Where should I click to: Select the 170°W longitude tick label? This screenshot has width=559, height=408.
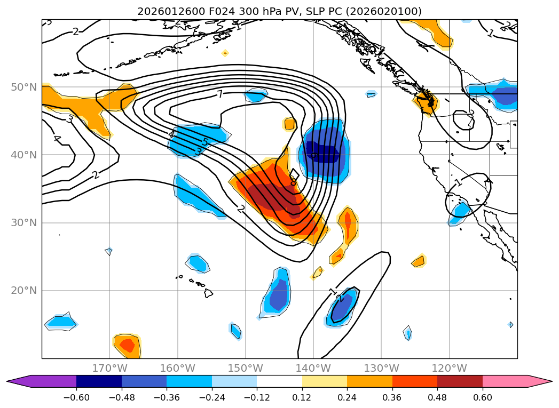pos(109,368)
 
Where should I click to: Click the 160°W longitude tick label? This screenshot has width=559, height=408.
pos(177,368)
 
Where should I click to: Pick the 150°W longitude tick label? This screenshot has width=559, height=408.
pos(245,368)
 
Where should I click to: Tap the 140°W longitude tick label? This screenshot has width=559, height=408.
pos(313,368)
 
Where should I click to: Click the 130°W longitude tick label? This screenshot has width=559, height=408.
pos(381,368)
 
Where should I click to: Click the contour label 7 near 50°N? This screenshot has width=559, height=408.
pos(219,95)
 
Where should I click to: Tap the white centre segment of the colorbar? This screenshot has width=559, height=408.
pos(279,381)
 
